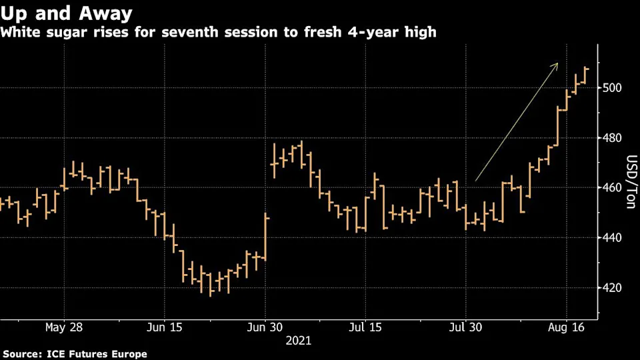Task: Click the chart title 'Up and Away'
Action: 67,13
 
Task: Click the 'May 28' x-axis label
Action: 65,327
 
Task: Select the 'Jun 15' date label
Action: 164,327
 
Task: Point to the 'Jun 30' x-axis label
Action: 265,327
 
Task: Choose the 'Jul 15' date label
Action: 365,327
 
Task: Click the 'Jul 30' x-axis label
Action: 466,327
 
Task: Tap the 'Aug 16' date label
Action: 567,327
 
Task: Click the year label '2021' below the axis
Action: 298,341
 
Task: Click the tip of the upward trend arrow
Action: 557,64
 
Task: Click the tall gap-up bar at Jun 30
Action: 266,237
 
